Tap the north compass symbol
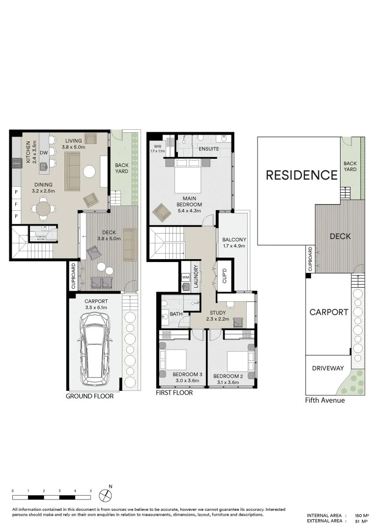click(x=105, y=494)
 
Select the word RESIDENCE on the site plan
click(x=302, y=175)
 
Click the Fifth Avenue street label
click(x=325, y=400)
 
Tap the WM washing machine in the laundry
click(x=185, y=278)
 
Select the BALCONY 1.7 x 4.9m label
click(x=234, y=243)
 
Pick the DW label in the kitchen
click(x=44, y=153)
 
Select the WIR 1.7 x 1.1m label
click(x=158, y=149)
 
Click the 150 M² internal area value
click(x=362, y=516)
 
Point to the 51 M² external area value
click(x=362, y=521)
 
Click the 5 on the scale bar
click(x=91, y=491)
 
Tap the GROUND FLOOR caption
click(x=89, y=396)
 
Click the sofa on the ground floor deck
click(x=130, y=241)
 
